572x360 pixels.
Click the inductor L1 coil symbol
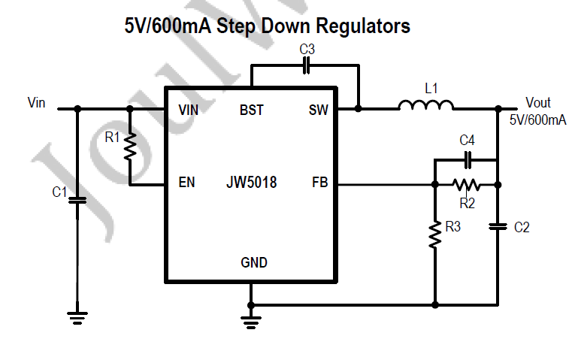pos(425,106)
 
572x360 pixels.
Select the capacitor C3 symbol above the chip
pos(305,65)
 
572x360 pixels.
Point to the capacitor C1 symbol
pos(77,200)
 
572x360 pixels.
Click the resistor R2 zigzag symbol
pos(466,184)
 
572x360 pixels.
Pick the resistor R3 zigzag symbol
pos(435,234)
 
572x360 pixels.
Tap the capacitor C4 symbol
pos(468,159)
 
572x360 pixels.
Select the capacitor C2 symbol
pos(497,225)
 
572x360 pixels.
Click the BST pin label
pos(252,110)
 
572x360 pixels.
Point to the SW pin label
pos(319,110)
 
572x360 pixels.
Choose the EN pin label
pos(186,182)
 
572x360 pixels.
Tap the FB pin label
pos(319,182)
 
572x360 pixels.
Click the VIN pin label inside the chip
pos(189,110)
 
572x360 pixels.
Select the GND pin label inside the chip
pos(253,262)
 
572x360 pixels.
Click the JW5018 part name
pos(251,182)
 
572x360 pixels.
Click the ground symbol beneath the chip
pos(251,321)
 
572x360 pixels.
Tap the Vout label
pos(537,103)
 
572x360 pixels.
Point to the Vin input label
pos(36,102)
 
